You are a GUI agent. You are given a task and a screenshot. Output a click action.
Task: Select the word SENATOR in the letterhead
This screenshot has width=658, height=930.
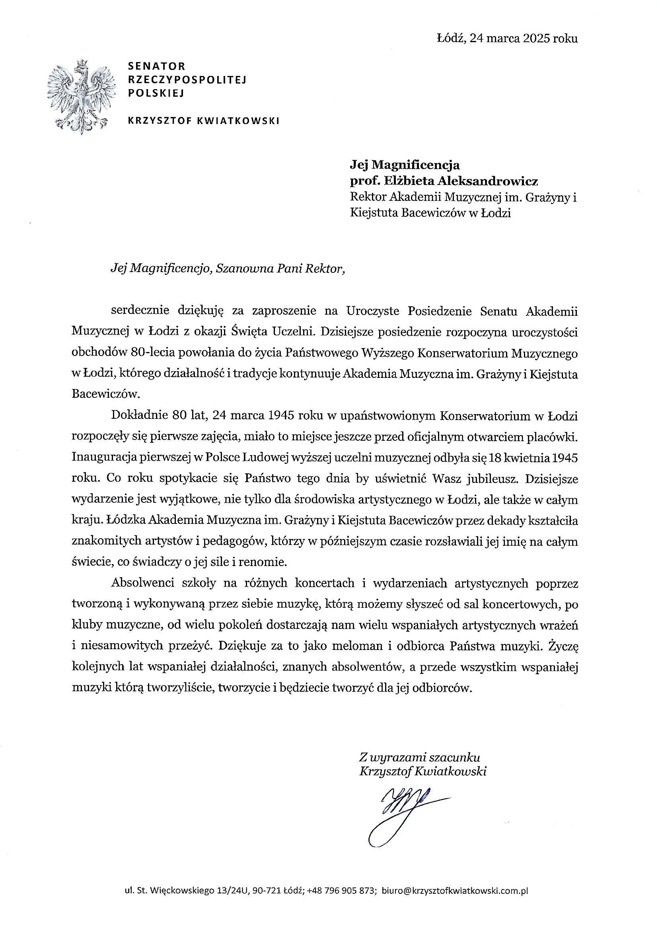156,66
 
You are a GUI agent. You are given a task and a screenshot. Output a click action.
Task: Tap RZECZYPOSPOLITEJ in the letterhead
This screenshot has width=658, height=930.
187,80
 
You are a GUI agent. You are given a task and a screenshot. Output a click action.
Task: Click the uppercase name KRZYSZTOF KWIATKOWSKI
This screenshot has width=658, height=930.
203,120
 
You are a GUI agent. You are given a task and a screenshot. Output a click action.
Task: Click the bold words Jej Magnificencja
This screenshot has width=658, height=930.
405,165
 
